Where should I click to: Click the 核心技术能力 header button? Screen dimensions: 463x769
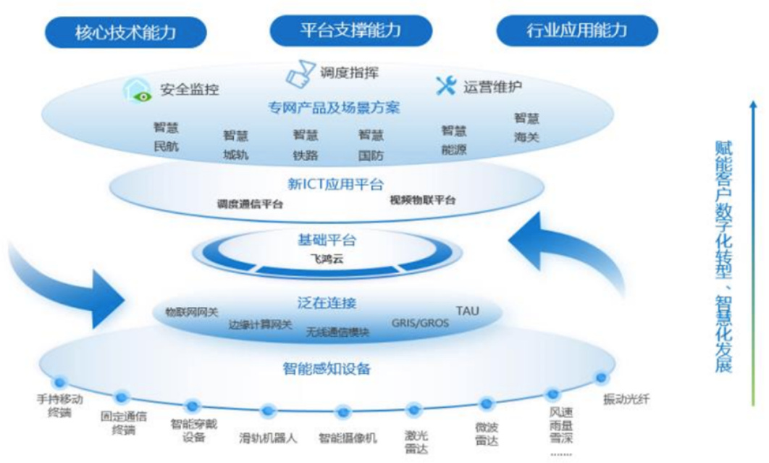[125, 33]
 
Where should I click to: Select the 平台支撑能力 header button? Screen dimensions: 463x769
[350, 30]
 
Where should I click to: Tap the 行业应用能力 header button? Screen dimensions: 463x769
[576, 30]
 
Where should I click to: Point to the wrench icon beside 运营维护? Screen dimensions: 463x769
[445, 86]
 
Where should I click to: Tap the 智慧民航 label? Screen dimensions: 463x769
[166, 136]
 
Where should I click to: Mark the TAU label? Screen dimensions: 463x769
[467, 311]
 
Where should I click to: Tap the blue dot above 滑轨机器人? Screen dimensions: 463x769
[268, 411]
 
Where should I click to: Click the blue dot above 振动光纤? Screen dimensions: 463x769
[600, 378]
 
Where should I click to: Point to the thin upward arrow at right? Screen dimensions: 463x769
[753, 232]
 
